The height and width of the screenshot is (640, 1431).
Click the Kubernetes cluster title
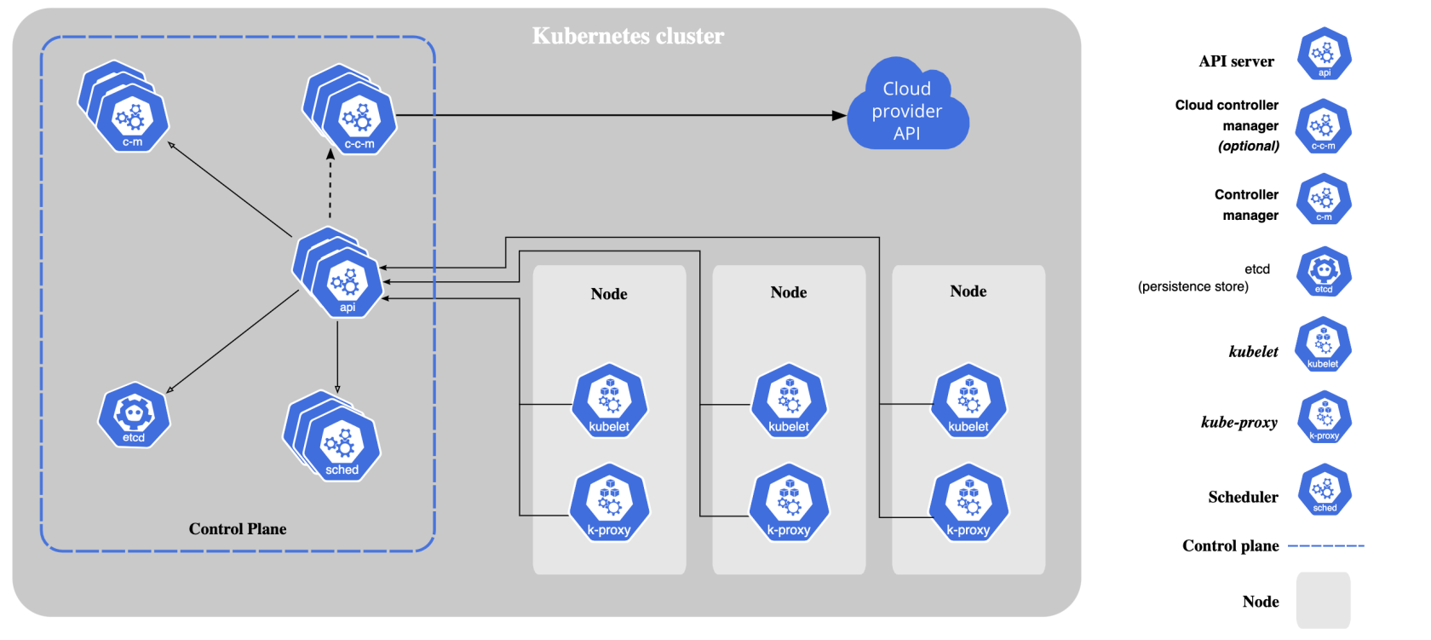628,36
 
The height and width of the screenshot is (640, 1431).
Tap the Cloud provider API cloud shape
907,106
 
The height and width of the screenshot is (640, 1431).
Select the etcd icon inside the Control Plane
134,415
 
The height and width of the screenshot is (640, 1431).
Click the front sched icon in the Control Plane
342,447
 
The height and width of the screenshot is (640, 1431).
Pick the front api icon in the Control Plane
347,284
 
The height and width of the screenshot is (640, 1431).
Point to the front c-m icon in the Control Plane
132,118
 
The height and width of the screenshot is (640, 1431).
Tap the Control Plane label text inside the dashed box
238,528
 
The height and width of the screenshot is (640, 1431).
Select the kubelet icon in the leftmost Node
610,401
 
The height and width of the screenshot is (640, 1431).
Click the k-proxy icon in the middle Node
789,503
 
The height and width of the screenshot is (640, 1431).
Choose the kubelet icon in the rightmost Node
968,401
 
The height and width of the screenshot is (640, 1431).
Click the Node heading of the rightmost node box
968,291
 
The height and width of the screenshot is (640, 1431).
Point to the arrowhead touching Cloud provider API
840,116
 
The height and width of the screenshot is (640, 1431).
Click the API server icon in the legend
1325,54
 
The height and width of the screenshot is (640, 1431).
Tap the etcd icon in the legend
1324,272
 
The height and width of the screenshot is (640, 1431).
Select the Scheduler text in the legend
1244,497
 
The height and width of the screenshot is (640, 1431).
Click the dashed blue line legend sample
1326,546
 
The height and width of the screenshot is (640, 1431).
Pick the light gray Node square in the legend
1323,600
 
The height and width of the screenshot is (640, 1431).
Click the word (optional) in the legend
1249,147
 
